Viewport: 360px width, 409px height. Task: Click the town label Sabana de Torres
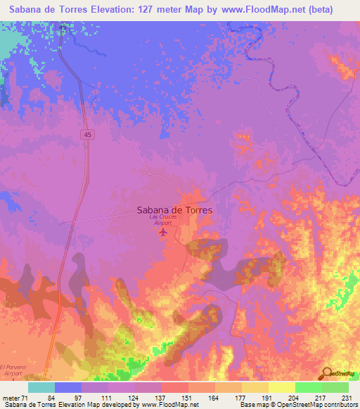click(174, 209)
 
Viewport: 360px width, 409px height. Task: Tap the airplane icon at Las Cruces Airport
click(164, 231)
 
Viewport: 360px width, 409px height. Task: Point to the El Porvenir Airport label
click(13, 370)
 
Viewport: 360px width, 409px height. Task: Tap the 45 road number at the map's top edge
click(63, 27)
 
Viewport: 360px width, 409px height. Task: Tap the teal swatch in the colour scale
click(41, 387)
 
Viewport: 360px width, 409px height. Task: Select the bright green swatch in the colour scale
click(308, 387)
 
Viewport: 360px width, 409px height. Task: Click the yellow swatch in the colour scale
click(255, 387)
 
